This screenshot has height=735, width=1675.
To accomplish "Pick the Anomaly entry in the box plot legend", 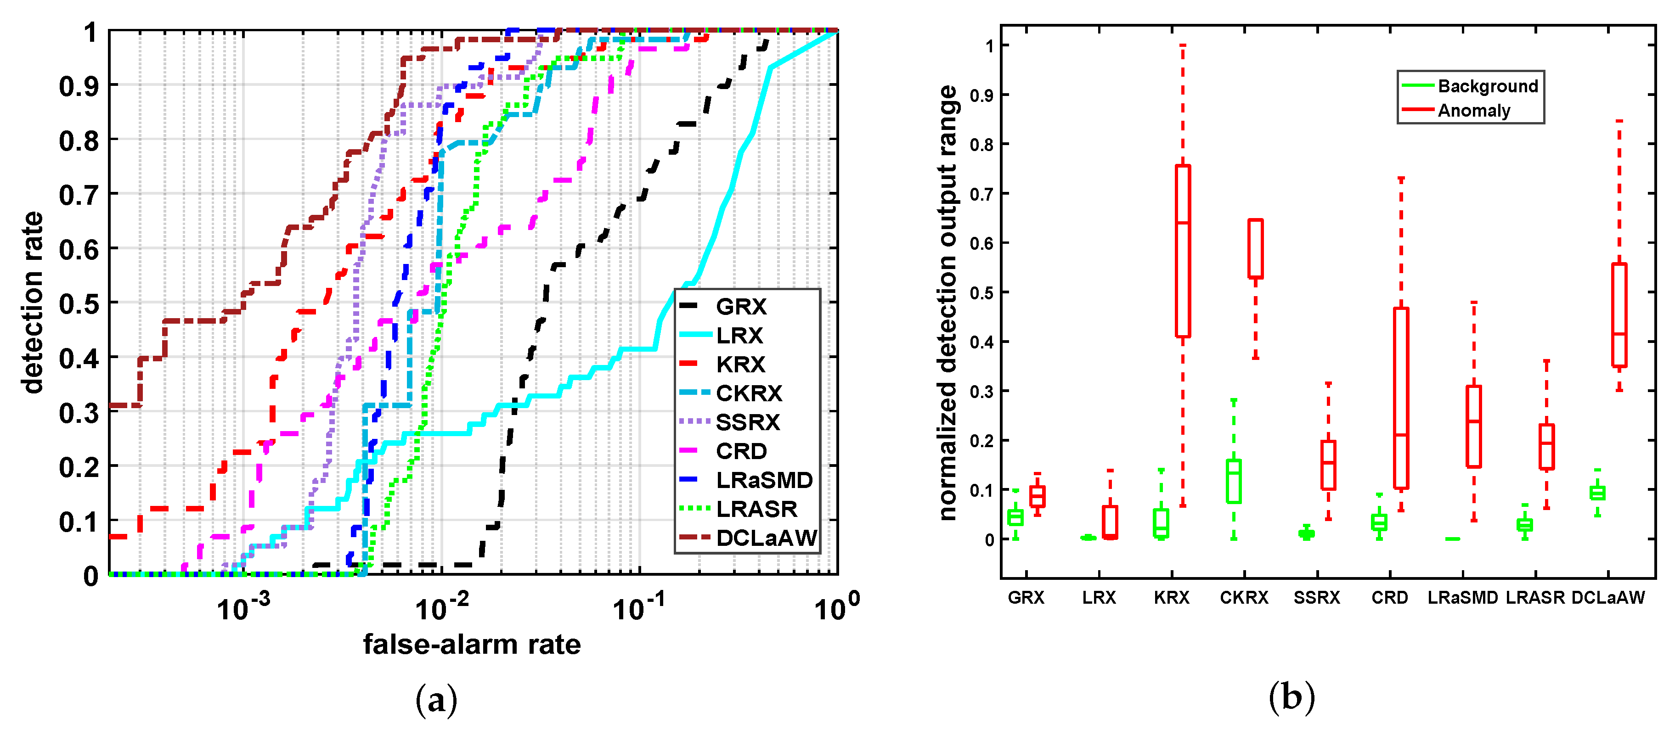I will [1473, 111].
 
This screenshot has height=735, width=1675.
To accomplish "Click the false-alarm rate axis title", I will [471, 645].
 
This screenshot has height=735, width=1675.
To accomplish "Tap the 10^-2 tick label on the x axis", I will [442, 608].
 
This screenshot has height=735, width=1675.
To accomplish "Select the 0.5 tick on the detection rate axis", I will [79, 303].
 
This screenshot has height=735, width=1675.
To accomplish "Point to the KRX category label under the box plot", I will [1171, 598].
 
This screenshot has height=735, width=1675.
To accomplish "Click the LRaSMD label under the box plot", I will [1462, 598].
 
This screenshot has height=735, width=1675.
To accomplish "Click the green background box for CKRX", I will [1234, 481].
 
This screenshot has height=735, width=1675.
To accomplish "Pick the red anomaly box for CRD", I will [1401, 398].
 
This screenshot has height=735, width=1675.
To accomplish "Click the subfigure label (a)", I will [436, 701].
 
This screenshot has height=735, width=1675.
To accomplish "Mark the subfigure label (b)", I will [1291, 697].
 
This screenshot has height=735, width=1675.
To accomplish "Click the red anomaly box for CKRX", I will [1256, 248].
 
